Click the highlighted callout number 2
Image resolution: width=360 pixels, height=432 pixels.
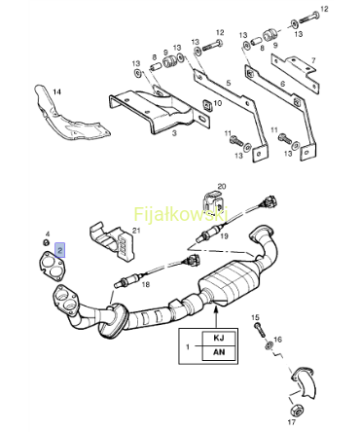click(60, 250)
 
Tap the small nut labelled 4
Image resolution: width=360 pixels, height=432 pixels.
click(47, 242)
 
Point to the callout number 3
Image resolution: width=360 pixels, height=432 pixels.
click(174, 133)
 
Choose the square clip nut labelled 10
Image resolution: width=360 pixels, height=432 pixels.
click(206, 105)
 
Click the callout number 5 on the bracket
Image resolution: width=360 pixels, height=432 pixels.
click(229, 83)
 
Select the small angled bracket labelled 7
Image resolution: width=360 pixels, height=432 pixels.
click(294, 73)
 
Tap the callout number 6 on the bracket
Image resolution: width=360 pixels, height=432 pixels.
click(282, 84)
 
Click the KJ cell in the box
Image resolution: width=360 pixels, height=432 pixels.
click(219, 338)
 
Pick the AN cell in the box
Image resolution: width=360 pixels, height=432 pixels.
click(219, 352)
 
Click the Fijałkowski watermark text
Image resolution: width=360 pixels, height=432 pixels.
click(181, 214)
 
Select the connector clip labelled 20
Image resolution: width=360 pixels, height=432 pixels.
click(213, 202)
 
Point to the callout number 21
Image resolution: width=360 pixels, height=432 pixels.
click(136, 231)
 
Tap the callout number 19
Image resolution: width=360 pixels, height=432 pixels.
click(224, 236)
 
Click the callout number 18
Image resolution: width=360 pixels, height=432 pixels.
click(146, 284)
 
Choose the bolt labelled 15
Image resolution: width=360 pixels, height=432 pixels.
click(260, 329)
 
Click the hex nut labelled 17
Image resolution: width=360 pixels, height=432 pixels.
click(295, 411)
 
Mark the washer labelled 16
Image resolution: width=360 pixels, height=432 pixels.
click(269, 345)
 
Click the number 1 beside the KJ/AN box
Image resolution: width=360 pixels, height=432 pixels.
click(188, 347)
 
